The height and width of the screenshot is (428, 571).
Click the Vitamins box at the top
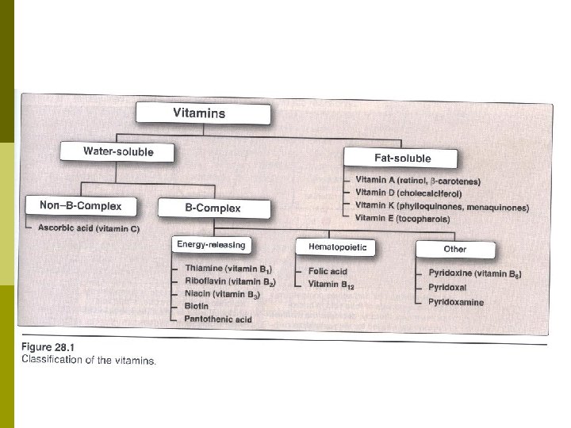pyautogui.click(x=203, y=113)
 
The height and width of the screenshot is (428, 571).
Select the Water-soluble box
pyautogui.click(x=117, y=151)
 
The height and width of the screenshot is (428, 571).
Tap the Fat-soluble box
pyautogui.click(x=400, y=158)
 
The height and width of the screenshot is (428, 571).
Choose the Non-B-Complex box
pyautogui.click(x=81, y=206)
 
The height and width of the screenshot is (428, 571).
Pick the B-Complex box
pyautogui.click(x=214, y=208)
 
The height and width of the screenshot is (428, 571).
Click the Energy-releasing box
pyautogui.click(x=212, y=245)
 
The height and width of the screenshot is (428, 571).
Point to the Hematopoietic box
pyautogui.click(x=335, y=247)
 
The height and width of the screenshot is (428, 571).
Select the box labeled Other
pyautogui.click(x=455, y=250)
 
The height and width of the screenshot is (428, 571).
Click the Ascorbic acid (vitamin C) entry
pyautogui.click(x=89, y=228)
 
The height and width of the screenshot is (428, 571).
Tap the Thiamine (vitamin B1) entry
pyautogui.click(x=228, y=269)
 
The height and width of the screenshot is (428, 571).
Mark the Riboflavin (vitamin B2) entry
pyautogui.click(x=230, y=281)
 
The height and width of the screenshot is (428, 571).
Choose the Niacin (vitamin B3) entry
pyautogui.click(x=223, y=294)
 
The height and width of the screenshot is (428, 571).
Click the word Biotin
pyautogui.click(x=197, y=306)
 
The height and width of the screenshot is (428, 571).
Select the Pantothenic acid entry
pyautogui.click(x=218, y=319)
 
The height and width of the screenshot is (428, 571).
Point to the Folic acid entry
pyautogui.click(x=328, y=271)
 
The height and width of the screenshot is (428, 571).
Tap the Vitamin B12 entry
pyautogui.click(x=331, y=285)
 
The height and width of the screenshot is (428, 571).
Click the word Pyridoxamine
pyautogui.click(x=456, y=302)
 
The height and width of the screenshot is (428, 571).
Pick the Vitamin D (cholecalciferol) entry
pyautogui.click(x=408, y=193)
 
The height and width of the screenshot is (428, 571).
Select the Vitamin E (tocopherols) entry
pyautogui.click(x=402, y=219)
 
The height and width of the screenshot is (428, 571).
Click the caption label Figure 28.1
pyautogui.click(x=48, y=347)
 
